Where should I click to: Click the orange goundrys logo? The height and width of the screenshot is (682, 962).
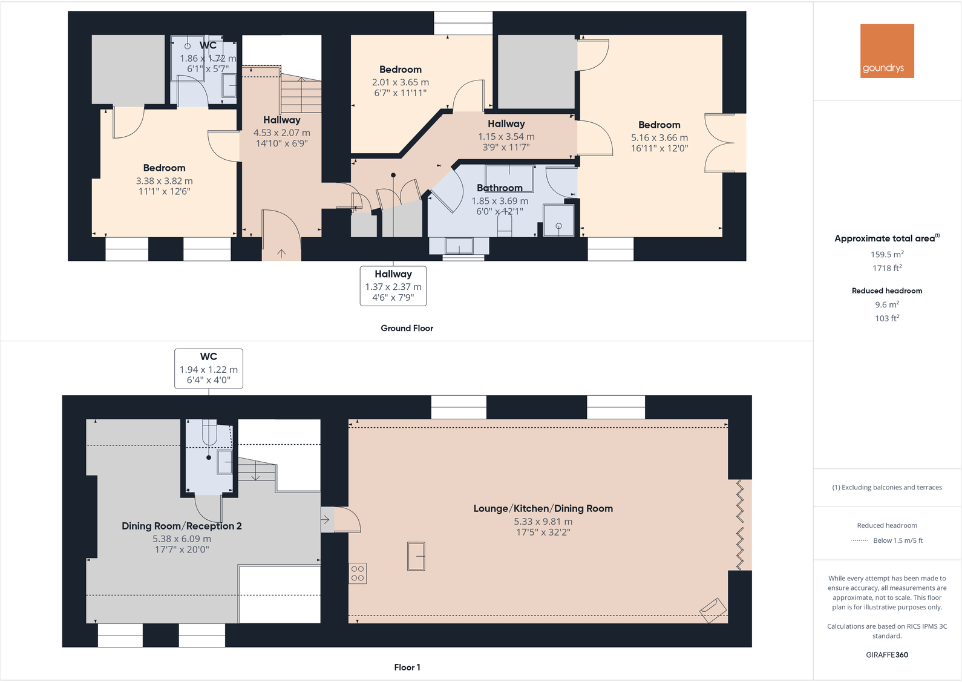point(887,51)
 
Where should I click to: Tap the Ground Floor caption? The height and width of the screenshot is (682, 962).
point(407,328)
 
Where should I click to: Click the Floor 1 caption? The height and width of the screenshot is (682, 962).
point(407,667)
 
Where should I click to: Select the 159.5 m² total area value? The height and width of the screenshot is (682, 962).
point(887,255)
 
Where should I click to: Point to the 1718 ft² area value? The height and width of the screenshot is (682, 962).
point(887,268)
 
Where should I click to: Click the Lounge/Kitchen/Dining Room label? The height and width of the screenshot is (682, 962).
point(543,508)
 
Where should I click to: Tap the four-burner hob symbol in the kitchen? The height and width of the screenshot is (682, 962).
point(358,573)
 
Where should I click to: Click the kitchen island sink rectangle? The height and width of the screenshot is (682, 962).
point(416,556)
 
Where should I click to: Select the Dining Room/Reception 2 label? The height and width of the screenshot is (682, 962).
point(182,526)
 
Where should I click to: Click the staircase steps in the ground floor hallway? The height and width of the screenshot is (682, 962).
point(301,94)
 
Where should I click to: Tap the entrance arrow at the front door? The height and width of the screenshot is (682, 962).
point(281,253)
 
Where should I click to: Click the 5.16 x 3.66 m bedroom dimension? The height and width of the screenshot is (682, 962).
point(659,137)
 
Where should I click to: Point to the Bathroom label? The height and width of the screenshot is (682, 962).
point(500,188)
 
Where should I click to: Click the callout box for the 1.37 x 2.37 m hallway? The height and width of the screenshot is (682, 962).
point(393,286)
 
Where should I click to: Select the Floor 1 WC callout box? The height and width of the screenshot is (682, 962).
point(209,368)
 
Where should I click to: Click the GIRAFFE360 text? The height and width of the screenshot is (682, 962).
point(886,655)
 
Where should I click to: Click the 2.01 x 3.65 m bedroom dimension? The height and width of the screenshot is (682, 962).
point(400,82)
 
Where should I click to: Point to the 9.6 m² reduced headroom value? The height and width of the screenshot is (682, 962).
point(887,305)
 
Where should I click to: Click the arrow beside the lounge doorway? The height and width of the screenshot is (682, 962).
point(326,519)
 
